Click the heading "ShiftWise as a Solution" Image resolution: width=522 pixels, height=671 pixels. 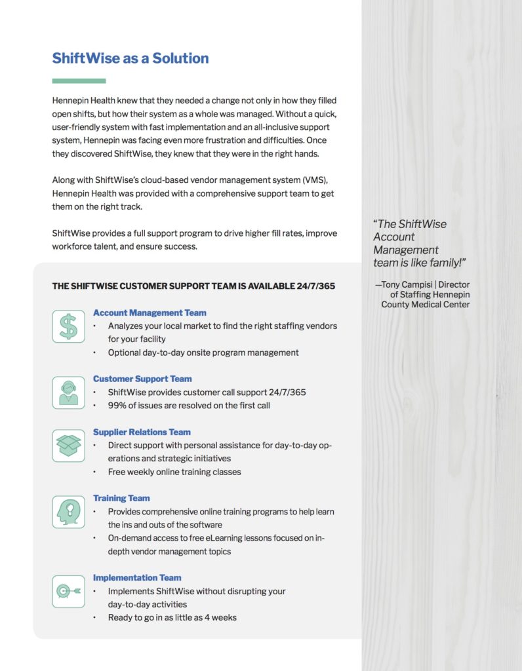pos(130,58)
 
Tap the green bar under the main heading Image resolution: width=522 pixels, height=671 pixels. pos(79,81)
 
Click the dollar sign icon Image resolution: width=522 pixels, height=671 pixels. pos(68,326)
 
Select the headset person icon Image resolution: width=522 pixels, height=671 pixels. pos(68,393)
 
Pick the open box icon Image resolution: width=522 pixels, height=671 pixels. pos(68,446)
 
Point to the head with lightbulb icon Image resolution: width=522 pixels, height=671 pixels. pos(68,512)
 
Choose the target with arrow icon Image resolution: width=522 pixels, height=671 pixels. pos(68,591)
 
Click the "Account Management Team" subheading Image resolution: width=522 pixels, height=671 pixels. pos(150,313)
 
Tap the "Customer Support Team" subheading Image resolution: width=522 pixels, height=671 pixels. pos(142,379)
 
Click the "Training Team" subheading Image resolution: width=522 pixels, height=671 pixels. pos(121,498)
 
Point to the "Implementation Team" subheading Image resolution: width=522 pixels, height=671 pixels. pos(137,577)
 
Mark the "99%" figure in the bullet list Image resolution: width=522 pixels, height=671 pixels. pos(117,405)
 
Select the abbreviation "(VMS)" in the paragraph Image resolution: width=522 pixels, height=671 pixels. pos(321,180)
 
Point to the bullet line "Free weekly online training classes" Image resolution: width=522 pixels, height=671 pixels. pos(174,472)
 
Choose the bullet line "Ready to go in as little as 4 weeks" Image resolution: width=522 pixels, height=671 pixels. pos(172,617)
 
